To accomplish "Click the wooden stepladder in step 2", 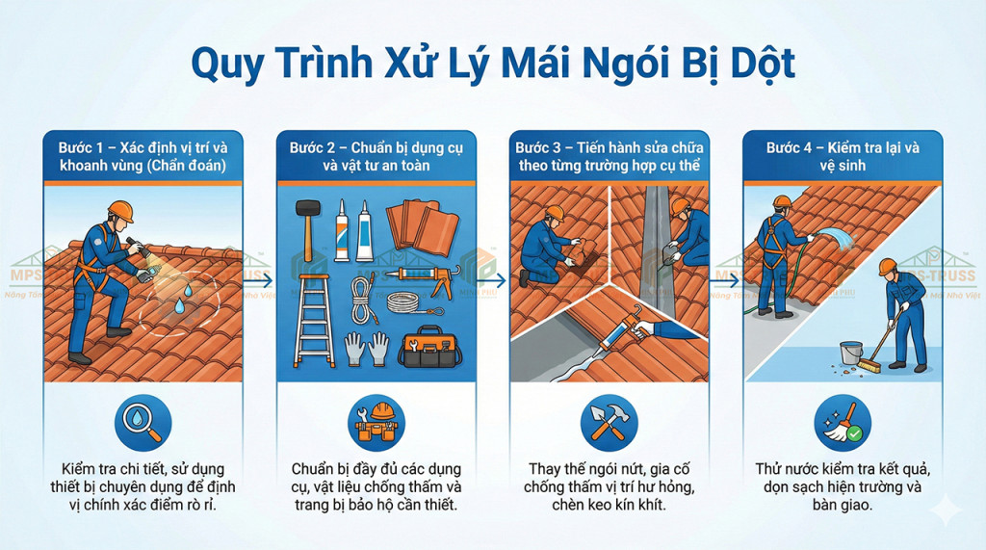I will [312, 317].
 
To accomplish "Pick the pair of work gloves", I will [367, 347].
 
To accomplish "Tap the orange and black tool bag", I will [432, 346].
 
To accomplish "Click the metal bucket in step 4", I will [850, 354].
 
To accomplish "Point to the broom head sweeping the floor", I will [869, 366].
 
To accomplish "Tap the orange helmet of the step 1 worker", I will [119, 210].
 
